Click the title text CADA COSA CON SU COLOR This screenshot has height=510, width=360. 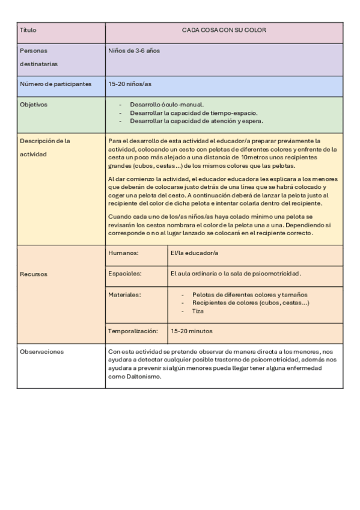[224, 29]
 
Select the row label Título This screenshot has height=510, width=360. [28, 29]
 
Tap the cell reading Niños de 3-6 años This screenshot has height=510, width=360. [133, 51]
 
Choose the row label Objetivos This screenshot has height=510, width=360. [34, 104]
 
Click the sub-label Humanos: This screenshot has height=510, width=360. [124, 254]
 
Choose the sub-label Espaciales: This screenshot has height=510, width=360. [126, 274]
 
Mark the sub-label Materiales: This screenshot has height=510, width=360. [125, 295]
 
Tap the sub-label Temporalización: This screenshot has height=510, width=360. [133, 331]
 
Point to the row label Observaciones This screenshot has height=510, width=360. [42, 351]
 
